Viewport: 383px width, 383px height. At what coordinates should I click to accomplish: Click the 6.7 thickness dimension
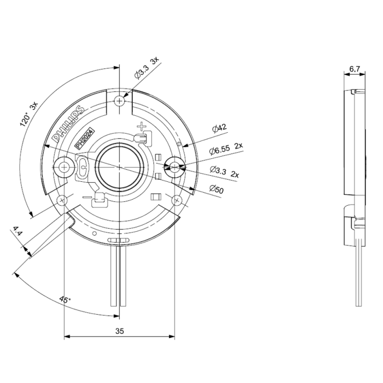tap(355, 68)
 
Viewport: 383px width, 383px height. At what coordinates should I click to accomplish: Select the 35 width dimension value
tap(119, 331)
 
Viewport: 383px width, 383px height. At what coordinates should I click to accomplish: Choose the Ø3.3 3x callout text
tap(147, 68)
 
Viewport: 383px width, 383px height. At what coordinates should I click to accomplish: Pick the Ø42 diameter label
tap(218, 128)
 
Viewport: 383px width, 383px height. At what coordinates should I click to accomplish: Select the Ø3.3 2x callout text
tap(224, 171)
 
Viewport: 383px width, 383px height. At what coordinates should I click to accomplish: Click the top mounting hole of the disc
tap(119, 101)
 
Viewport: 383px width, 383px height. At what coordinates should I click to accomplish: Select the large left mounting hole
tap(65, 165)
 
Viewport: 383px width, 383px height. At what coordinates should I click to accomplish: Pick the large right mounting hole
tap(174, 165)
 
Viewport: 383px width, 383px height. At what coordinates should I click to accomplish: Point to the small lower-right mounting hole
tap(177, 199)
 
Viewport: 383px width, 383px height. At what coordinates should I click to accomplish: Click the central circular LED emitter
tap(119, 166)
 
